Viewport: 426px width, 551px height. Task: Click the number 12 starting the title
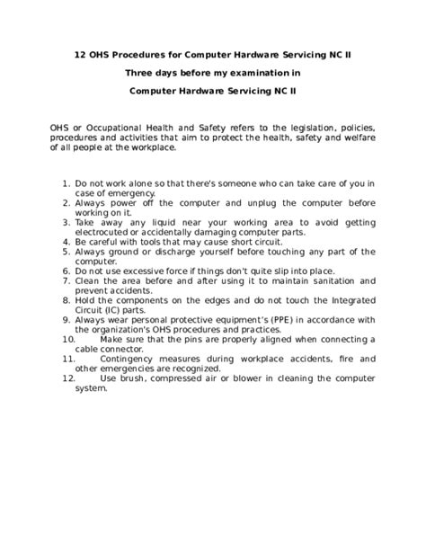pyautogui.click(x=80, y=53)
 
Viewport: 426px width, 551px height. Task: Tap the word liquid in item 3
pyautogui.click(x=149, y=222)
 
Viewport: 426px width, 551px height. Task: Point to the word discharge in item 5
pyautogui.click(x=168, y=252)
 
